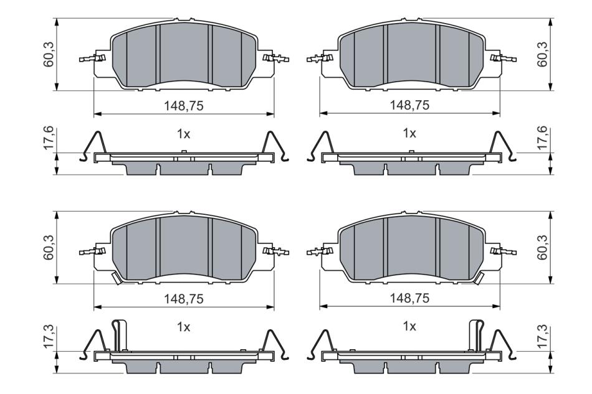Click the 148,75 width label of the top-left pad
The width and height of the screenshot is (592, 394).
point(183,106)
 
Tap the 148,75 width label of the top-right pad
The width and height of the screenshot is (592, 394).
point(409,105)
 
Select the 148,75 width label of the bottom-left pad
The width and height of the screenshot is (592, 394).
point(183,299)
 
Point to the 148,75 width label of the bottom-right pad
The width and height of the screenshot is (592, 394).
point(409,298)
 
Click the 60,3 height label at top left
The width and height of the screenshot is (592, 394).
point(49,55)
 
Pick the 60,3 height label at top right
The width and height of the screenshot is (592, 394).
point(543,55)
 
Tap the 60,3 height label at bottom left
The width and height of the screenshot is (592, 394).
point(49,247)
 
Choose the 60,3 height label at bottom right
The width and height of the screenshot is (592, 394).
point(543,247)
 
